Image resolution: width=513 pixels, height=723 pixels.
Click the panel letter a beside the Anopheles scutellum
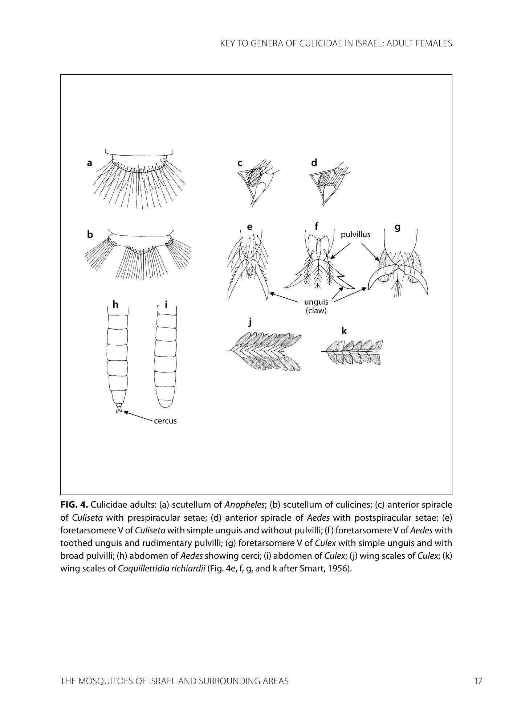[x=89, y=164]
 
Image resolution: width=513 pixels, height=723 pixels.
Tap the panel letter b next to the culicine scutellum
[x=90, y=235]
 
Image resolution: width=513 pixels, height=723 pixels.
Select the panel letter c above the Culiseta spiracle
[x=240, y=164]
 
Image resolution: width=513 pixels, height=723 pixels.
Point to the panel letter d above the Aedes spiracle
[x=314, y=163]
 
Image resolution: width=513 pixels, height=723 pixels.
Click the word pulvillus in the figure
[x=355, y=235]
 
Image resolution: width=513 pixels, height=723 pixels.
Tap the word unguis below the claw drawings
[x=316, y=302]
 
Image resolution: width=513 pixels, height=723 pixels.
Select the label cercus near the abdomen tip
[x=165, y=421]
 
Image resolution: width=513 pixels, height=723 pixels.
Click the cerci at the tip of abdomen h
[x=118, y=410]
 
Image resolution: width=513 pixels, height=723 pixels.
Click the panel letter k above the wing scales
[x=344, y=331]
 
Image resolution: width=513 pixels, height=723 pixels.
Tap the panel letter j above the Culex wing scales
[x=250, y=322]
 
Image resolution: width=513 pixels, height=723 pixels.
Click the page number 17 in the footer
[x=478, y=681]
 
